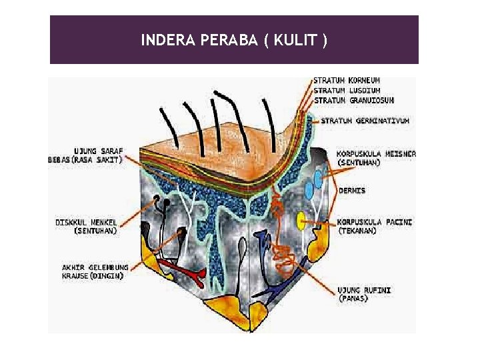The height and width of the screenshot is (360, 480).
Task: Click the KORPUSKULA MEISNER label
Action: coord(376,153)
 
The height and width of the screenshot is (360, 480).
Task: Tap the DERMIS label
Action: coord(352,191)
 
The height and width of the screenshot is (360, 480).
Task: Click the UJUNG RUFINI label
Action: coord(364,290)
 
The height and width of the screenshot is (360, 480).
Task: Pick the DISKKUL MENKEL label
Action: coord(86,222)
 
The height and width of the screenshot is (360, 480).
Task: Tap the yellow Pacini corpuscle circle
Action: coord(302,219)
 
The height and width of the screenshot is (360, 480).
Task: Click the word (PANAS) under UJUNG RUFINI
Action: coord(353,299)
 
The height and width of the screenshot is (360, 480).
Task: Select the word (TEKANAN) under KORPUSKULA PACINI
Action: coord(357,231)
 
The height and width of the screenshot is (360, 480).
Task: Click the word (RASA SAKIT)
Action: coord(97,159)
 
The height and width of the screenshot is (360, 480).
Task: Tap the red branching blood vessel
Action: coord(186,270)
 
